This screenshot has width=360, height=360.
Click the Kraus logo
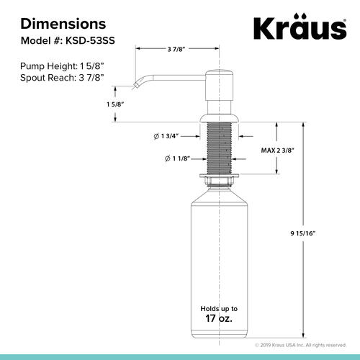[x=300, y=27]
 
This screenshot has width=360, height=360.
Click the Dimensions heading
[x=63, y=24]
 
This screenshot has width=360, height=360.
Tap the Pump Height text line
[x=63, y=66]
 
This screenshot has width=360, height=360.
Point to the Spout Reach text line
[x=62, y=78]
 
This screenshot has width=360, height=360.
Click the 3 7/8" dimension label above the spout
[x=176, y=49]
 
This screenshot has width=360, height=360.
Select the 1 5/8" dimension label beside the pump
[x=115, y=104]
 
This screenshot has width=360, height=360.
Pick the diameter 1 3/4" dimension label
[x=166, y=136]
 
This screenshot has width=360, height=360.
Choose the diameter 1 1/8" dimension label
[x=178, y=158]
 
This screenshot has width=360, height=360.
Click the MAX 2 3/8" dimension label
[x=278, y=150]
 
